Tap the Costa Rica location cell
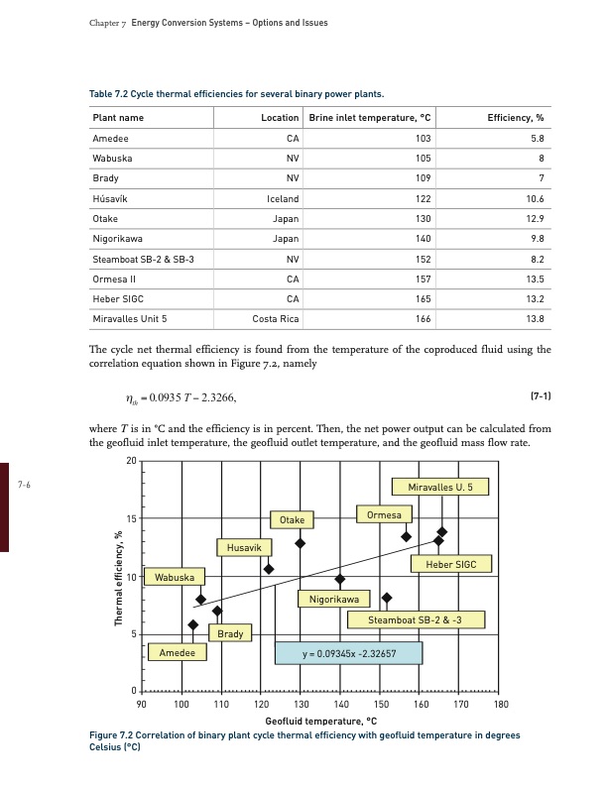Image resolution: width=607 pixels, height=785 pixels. [276, 318]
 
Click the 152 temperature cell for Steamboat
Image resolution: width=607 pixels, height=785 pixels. [424, 259]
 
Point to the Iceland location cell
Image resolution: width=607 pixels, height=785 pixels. [283, 198]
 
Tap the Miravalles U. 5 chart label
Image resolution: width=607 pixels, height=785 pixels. [447, 487]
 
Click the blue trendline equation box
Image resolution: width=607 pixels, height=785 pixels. [348, 653]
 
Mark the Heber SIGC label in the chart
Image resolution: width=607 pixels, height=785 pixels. [451, 564]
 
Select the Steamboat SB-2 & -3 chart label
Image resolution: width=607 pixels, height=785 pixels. [416, 620]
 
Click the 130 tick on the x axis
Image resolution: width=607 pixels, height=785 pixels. [301, 703]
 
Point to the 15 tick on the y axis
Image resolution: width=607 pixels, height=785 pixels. [131, 518]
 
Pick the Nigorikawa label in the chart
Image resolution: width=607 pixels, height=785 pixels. [333, 599]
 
